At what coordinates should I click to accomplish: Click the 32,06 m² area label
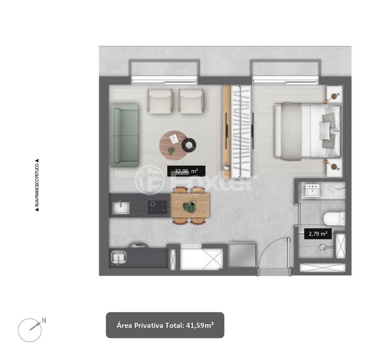click(x=186, y=171)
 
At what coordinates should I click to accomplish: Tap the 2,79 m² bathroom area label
click(x=318, y=234)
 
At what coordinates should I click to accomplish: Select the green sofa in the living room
click(x=125, y=135)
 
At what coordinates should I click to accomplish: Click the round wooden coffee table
click(x=173, y=145)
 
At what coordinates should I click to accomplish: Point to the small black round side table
click(x=189, y=145)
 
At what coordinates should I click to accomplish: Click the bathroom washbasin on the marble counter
click(x=312, y=191)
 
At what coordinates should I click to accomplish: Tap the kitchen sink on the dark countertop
click(x=121, y=208)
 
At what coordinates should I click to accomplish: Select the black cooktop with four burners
click(x=157, y=207)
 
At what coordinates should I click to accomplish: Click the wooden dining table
click(x=190, y=205)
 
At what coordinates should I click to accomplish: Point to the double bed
click(x=308, y=131)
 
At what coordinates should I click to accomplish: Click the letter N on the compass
click(x=44, y=320)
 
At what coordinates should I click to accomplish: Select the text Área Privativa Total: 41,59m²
click(x=165, y=325)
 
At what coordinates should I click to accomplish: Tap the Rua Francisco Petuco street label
click(x=37, y=186)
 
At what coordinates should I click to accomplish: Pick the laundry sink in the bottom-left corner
click(x=119, y=257)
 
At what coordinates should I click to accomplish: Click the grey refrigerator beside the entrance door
click(x=242, y=254)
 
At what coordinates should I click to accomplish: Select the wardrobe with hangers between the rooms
click(x=241, y=131)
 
